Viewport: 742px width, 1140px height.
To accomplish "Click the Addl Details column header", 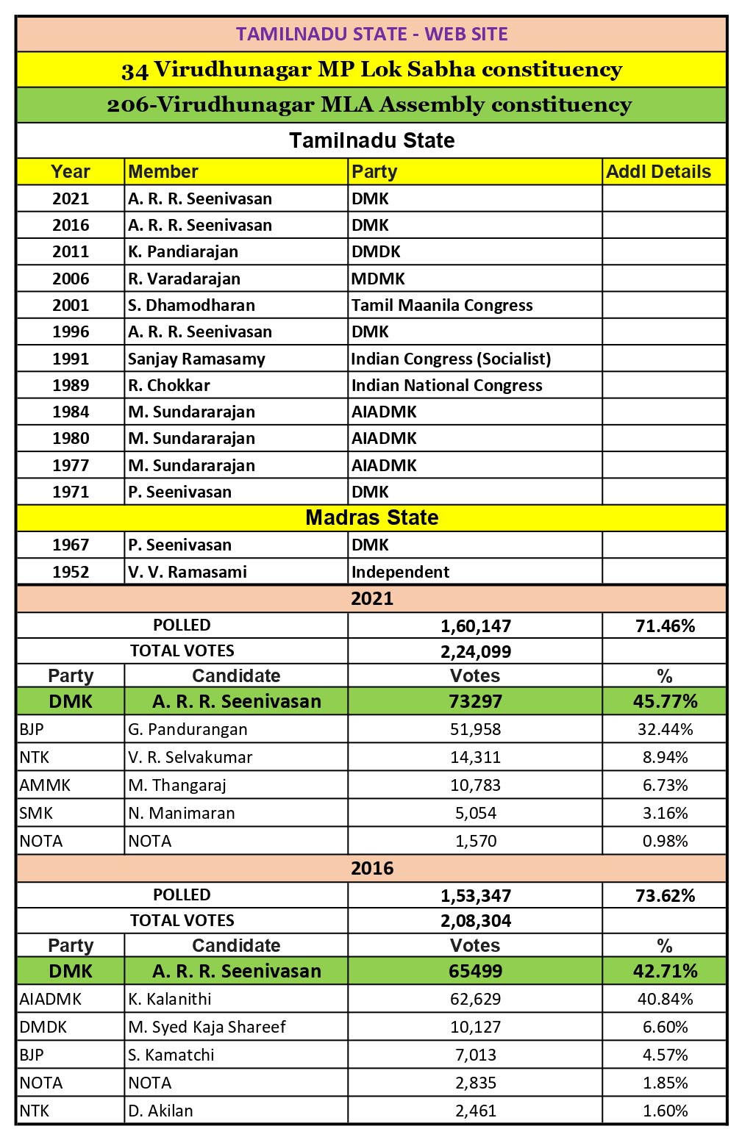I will (658, 172).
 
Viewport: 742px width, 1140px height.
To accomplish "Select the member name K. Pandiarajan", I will (183, 252).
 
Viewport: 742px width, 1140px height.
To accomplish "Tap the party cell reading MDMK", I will (379, 279).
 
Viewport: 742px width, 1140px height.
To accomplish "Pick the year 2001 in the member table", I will (71, 305).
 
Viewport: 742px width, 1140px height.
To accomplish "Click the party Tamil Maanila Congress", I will (442, 305).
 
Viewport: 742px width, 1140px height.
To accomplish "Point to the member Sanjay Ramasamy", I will (196, 359).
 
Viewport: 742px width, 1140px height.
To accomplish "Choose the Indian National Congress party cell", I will (446, 385).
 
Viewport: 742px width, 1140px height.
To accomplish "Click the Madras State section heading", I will (371, 517).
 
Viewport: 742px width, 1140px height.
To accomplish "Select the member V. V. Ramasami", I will (188, 572).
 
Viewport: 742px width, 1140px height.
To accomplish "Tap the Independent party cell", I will (400, 572).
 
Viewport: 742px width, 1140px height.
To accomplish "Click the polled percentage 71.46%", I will (665, 626).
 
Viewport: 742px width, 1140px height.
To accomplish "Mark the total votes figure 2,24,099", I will (476, 651).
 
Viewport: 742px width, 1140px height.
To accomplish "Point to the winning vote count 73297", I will (475, 701).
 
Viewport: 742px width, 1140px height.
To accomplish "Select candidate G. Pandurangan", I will (188, 729).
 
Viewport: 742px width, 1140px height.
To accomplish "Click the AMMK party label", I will (45, 785).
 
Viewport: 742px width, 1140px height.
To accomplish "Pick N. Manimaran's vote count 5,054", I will (476, 813).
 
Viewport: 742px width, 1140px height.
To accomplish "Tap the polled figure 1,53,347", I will (476, 896).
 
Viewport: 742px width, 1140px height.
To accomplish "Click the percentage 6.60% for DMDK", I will (665, 1027).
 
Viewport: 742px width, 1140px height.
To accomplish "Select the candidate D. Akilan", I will (160, 1111).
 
